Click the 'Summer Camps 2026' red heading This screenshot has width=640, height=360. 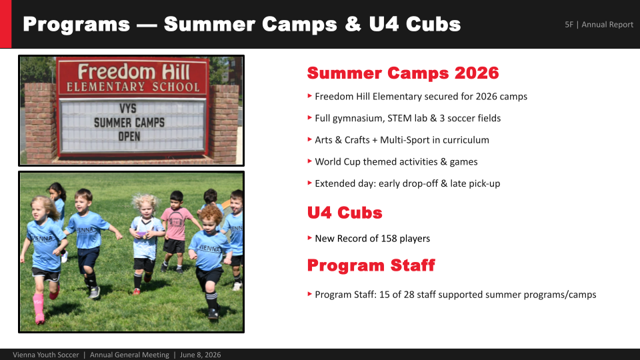pos(403,73)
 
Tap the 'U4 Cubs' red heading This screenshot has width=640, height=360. pos(345,213)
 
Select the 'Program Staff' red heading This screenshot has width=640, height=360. pos(371,265)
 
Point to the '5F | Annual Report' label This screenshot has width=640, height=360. pos(599,25)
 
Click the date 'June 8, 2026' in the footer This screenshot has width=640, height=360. pos(201,355)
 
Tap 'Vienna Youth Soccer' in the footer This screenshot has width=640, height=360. pos(46,355)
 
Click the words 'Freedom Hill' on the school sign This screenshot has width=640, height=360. pos(134,72)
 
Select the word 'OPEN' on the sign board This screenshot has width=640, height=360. pos(129,136)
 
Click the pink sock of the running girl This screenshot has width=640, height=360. pos(39,306)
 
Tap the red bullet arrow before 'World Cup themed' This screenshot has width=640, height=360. pos(310,161)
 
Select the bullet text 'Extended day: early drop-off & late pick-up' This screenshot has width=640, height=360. pos(407,184)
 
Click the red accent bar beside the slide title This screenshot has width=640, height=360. pos(6,24)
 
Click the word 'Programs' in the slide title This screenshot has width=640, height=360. pos(76,24)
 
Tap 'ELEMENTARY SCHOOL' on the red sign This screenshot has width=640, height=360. pos(133,87)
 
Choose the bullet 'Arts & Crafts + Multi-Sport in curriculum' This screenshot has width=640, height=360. pos(401,140)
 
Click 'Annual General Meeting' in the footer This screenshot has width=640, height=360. pos(129,355)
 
